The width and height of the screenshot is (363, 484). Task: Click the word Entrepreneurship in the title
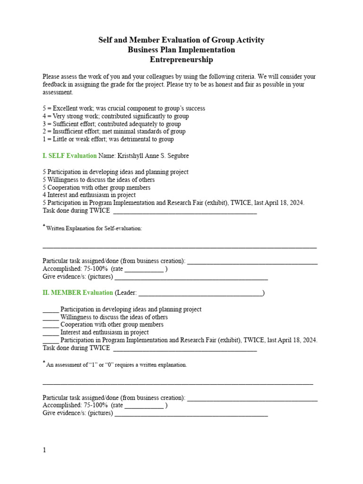(181, 60)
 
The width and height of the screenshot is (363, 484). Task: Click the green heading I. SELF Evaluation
(69, 156)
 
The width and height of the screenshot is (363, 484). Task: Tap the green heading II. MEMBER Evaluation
(78, 293)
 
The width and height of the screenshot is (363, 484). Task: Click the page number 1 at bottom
(44, 450)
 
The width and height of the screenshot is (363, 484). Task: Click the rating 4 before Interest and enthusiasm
(44, 195)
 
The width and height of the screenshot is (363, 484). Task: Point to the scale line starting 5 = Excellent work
(124, 108)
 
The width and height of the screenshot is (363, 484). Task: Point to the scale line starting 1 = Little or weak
(108, 139)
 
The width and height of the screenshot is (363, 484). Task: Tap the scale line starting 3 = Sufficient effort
(112, 124)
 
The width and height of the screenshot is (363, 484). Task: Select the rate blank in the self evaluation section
(144, 269)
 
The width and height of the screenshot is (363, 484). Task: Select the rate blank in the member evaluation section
(144, 406)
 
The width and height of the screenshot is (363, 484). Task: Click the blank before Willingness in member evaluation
(51, 317)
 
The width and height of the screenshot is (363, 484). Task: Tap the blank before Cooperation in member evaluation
(51, 325)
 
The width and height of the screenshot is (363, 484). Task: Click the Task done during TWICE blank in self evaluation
(185, 211)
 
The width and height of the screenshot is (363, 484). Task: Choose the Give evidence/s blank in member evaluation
(191, 413)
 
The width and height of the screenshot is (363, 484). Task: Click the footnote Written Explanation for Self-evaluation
(94, 228)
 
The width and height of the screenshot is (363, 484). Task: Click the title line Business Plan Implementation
(181, 50)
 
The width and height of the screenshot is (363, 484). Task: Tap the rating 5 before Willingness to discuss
(44, 180)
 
